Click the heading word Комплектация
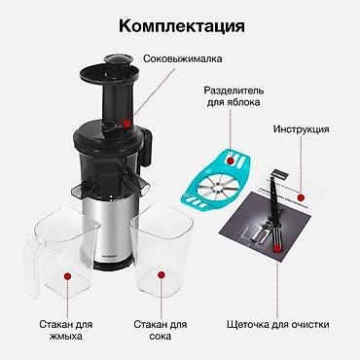click(182, 26)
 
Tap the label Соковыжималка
click(183, 58)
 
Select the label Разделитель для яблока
click(234, 96)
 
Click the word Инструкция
click(301, 129)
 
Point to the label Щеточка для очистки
click(278, 324)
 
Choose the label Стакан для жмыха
click(66, 330)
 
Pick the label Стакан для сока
click(161, 330)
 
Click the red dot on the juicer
click(127, 124)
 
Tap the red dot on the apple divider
click(231, 161)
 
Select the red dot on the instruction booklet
click(301, 198)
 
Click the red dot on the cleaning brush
click(277, 249)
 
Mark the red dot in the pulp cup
click(67, 276)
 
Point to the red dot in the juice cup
click(162, 275)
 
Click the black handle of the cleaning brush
click(272, 197)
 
